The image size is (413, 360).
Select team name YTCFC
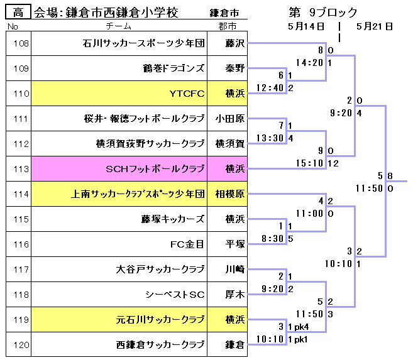[x=187, y=94]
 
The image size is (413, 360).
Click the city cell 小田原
[x=229, y=119]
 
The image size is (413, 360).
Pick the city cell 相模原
[x=229, y=195]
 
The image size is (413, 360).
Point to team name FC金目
[x=187, y=244]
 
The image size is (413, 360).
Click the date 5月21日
[x=374, y=26]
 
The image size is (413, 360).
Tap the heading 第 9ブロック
[x=323, y=12]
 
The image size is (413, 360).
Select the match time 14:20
[x=309, y=63]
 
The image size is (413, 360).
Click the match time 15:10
[x=309, y=163]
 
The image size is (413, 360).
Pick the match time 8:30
[x=272, y=239]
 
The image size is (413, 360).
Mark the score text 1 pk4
[x=299, y=327]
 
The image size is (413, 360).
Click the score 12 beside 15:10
[x=333, y=163]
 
